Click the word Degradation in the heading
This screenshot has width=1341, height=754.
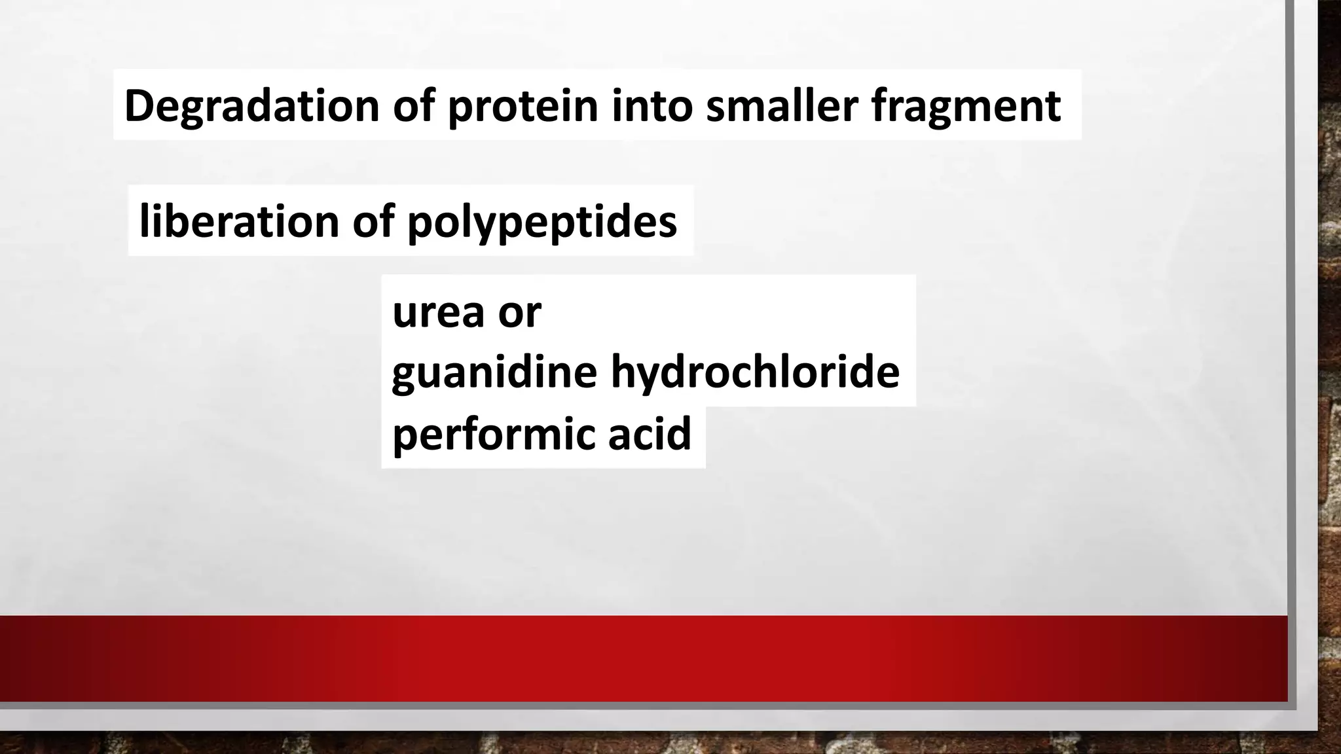pyautogui.click(x=251, y=105)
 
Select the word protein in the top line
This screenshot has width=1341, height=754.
pyautogui.click(x=523, y=105)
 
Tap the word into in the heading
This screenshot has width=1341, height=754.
pyautogui.click(x=652, y=105)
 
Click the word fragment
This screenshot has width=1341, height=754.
pyautogui.click(x=965, y=107)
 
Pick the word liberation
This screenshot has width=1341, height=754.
pyautogui.click(x=239, y=221)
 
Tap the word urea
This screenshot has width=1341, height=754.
pyautogui.click(x=438, y=312)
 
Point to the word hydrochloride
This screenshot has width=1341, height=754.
pyautogui.click(x=755, y=372)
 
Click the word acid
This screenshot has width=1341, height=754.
pyautogui.click(x=650, y=433)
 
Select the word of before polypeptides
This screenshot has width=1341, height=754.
pyautogui.click(x=373, y=221)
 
